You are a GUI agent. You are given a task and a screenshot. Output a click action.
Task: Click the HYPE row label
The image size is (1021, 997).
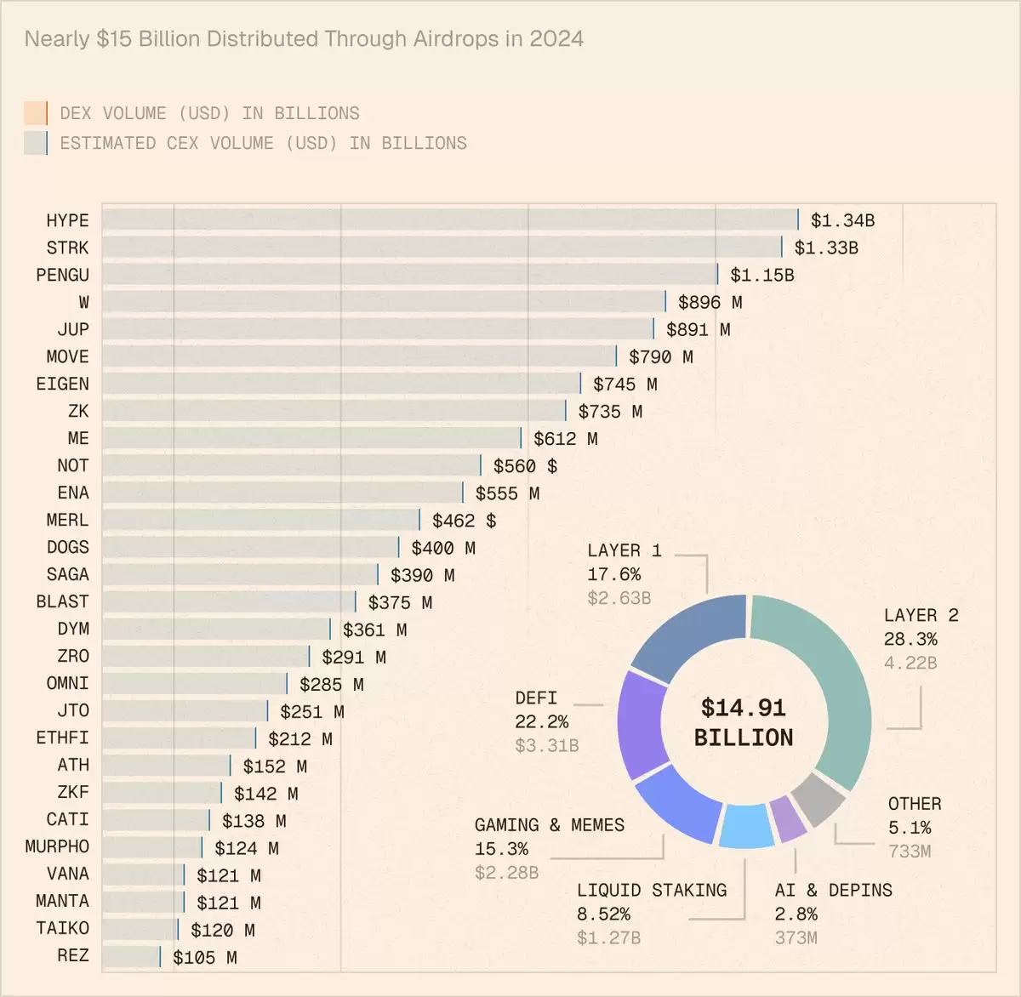(67, 220)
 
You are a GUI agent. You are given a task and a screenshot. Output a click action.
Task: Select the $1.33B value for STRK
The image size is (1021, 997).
(825, 248)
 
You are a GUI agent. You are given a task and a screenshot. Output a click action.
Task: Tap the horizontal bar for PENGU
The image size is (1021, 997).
(408, 275)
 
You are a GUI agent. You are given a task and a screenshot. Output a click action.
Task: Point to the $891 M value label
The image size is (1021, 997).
(698, 329)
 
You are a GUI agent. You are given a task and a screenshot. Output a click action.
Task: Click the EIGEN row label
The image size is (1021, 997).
(62, 384)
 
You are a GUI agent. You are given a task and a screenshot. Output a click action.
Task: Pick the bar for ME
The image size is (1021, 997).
(311, 438)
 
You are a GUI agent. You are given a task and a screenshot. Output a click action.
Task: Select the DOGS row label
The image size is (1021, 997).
(67, 547)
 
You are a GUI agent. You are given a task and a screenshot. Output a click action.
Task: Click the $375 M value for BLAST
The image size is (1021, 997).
(400, 602)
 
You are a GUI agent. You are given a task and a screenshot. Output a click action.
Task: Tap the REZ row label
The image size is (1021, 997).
(72, 955)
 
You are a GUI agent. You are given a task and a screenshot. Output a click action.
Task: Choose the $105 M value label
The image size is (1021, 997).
(204, 957)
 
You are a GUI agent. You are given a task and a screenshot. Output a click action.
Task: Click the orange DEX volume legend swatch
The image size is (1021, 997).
(36, 113)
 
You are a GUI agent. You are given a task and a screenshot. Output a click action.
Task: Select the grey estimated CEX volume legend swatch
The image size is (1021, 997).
(36, 143)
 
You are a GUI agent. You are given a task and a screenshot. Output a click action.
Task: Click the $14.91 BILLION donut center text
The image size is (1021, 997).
(744, 722)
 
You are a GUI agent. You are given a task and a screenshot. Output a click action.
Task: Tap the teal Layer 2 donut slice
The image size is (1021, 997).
(838, 681)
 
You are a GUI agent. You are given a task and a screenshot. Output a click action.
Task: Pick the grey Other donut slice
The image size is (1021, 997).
(818, 800)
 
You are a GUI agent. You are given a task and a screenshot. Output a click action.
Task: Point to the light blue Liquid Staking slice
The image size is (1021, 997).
(746, 826)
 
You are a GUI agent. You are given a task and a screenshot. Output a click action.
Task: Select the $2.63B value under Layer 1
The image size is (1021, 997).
(619, 598)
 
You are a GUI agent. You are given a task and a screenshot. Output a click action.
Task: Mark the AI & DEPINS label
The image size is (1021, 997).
(833, 890)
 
